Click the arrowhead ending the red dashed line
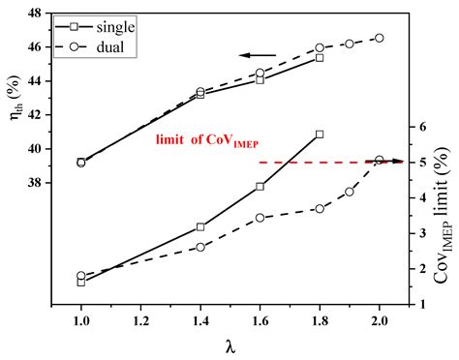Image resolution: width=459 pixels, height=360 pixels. [399, 162]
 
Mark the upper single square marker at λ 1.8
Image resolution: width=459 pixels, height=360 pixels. [320, 58]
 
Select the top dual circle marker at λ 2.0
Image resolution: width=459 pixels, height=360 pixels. [379, 38]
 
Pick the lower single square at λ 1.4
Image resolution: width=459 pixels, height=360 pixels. [200, 226]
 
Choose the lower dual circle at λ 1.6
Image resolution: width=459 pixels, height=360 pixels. [260, 218]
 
